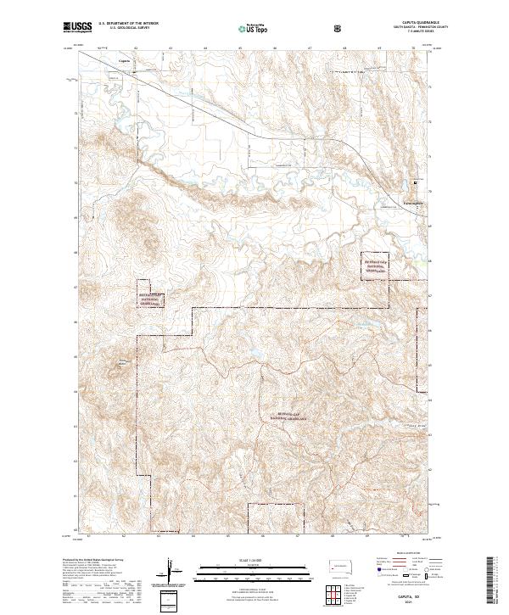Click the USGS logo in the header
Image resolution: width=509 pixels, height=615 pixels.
78,27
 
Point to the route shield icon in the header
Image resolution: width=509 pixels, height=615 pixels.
339,28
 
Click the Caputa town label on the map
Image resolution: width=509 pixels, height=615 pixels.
125,60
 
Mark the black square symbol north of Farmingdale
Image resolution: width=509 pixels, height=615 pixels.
415,182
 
